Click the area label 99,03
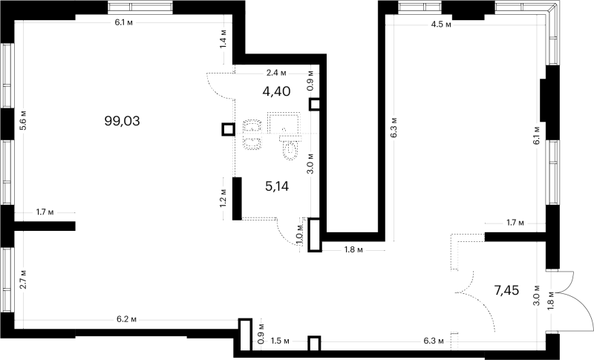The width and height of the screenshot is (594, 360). (x=122, y=121)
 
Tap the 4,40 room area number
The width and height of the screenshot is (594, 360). (x=276, y=91)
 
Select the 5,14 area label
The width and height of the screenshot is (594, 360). (x=277, y=186)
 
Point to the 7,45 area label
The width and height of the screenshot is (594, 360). (x=506, y=290)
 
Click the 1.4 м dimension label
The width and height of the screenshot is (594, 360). (x=223, y=39)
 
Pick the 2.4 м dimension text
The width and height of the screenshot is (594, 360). (x=276, y=72)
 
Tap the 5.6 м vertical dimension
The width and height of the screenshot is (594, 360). (x=24, y=121)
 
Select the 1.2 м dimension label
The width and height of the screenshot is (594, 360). (x=223, y=198)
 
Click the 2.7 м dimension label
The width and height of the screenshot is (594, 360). (x=23, y=280)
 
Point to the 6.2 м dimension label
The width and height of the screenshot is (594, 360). (x=126, y=319)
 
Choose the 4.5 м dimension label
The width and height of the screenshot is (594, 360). (x=441, y=25)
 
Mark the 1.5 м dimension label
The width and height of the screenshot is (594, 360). (x=280, y=341)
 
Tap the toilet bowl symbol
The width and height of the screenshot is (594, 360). (x=290, y=148)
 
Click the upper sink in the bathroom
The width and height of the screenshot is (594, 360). (x=252, y=126)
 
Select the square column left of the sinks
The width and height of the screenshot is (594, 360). (x=228, y=130)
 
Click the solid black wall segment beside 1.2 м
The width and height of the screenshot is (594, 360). (x=237, y=199)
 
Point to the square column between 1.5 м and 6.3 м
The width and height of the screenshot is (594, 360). (x=314, y=344)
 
